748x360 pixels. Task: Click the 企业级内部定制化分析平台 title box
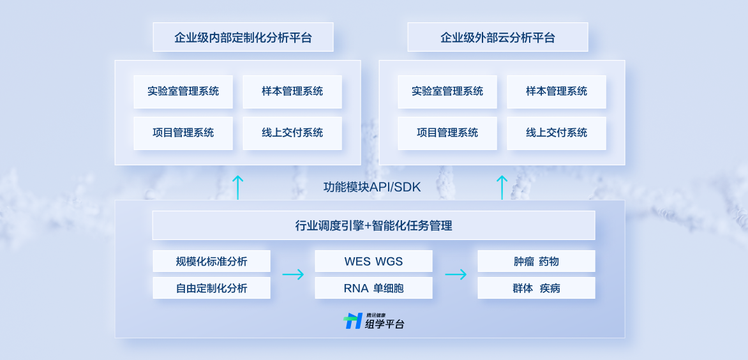(243, 38)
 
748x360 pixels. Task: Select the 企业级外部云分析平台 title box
(498, 38)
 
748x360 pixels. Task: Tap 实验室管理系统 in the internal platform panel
(183, 91)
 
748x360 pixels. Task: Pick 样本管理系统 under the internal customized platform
(292, 91)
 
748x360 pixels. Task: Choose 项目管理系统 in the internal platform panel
(183, 133)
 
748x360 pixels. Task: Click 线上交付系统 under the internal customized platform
(292, 133)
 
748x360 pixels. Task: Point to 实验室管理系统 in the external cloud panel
(447, 91)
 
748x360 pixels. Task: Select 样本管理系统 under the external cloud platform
(557, 91)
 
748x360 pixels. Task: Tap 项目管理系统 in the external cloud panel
(447, 133)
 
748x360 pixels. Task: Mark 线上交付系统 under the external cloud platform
(557, 133)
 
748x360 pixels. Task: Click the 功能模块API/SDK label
(372, 187)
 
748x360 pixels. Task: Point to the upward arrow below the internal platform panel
(238, 187)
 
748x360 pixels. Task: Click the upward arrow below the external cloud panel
(502, 187)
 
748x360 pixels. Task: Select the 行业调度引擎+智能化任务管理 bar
(373, 225)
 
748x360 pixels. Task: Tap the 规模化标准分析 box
(211, 261)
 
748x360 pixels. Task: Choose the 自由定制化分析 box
(211, 288)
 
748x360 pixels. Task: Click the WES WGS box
(373, 261)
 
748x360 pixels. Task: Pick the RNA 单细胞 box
(373, 288)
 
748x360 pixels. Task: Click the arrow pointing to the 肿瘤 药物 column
(456, 274)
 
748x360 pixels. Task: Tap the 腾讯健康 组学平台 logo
(374, 321)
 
